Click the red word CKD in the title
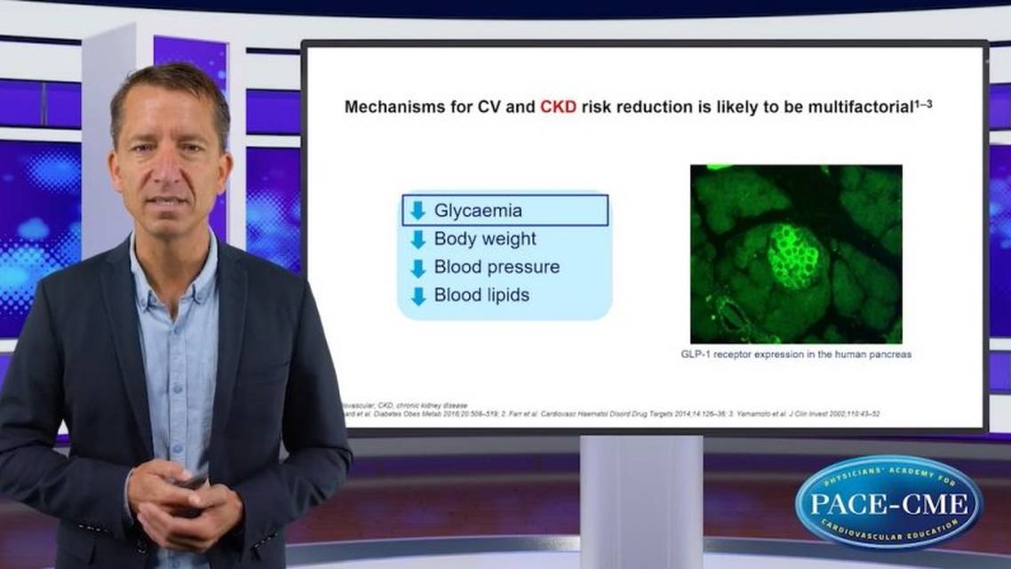[558, 108]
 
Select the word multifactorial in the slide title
[857, 108]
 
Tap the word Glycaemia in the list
[478, 211]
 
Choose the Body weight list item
[485, 239]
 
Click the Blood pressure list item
[497, 267]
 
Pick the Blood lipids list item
[482, 295]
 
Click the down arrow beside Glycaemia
[418, 211]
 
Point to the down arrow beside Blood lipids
[418, 295]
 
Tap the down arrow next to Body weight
[418, 239]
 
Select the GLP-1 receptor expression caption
[795, 355]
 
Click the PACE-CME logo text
[888, 504]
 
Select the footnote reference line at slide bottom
[613, 414]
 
